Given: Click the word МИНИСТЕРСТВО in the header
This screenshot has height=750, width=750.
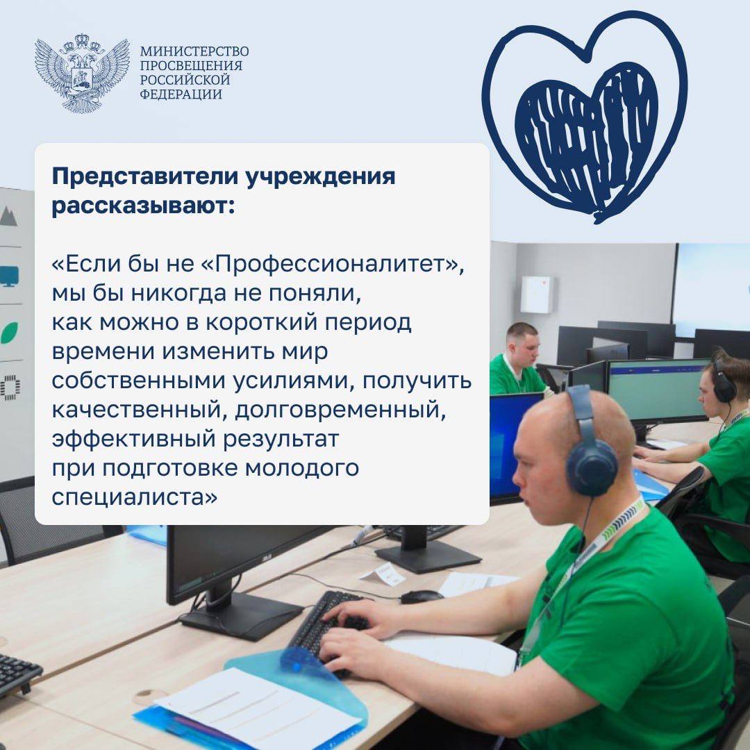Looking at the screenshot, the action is (194, 51).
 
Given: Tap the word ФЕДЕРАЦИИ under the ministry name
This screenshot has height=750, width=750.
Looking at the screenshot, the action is (181, 94).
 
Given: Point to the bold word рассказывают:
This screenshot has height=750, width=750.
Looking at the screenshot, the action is (144, 206).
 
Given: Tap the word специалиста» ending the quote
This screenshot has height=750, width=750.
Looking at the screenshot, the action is (135, 497).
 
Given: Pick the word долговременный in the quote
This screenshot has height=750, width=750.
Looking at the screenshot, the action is (340, 410).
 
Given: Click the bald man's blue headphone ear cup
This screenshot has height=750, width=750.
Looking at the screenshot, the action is (592, 467).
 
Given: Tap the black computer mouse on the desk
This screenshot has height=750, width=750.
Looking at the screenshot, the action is (422, 596).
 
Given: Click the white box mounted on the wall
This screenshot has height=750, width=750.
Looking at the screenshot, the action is (536, 294).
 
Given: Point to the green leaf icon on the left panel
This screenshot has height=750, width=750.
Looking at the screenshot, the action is (9, 333).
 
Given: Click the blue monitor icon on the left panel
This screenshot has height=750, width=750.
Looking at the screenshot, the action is (9, 276).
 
